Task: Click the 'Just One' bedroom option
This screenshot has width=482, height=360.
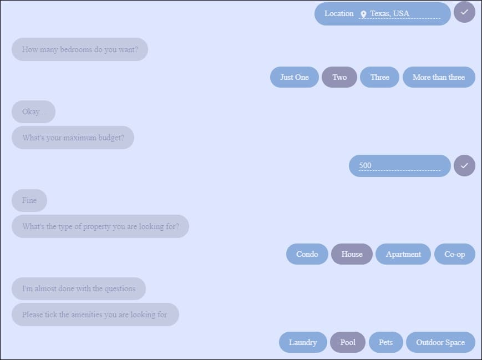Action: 294,77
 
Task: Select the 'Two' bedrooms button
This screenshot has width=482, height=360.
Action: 339,77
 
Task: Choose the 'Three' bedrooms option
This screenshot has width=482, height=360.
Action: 379,77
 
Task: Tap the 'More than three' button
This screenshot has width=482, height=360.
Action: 439,77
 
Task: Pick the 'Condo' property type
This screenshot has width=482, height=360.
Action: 307,254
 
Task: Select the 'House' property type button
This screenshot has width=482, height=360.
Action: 352,254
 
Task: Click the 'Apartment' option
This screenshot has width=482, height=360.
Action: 403,254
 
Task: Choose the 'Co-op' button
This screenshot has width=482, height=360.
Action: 454,254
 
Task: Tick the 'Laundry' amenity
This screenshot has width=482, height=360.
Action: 303,342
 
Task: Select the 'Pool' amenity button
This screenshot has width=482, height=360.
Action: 348,342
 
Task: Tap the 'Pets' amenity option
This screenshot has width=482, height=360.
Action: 385,342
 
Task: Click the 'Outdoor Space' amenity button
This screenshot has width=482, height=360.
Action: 440,342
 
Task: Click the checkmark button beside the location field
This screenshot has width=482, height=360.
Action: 464,12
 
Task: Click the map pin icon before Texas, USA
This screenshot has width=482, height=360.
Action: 363,14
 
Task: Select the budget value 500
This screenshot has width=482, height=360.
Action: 365,165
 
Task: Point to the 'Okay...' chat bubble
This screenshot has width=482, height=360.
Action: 33,111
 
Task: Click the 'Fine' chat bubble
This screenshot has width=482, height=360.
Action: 29,200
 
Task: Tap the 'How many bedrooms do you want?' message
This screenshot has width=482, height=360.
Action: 79,49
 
